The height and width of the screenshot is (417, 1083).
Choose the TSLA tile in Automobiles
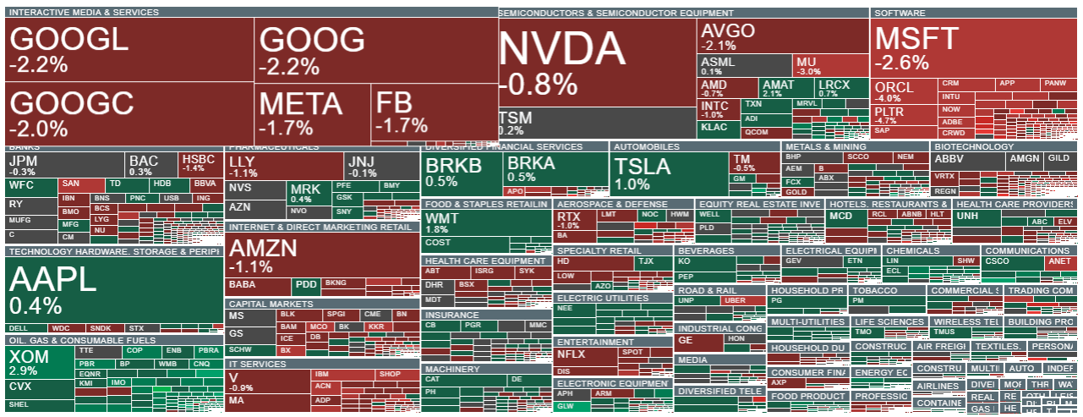pos(669,174)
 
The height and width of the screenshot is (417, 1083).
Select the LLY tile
pos(284,166)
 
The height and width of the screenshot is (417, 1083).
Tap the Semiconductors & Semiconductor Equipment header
pos(616,14)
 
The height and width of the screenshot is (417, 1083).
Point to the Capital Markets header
pos(271,304)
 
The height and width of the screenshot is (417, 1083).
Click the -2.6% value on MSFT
pos(902,63)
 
